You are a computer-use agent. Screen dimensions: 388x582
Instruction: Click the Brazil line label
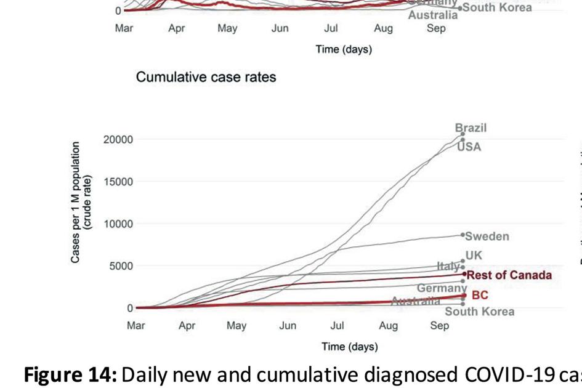(x=471, y=128)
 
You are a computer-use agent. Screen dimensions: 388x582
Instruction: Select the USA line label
(x=469, y=147)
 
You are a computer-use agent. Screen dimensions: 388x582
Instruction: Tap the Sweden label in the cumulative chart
(x=487, y=236)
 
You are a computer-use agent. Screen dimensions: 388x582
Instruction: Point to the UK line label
(x=474, y=256)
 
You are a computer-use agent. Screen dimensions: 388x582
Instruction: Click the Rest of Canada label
(x=509, y=275)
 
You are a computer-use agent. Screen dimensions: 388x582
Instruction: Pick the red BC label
(x=480, y=296)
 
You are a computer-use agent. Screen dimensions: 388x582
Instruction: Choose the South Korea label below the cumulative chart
(x=479, y=312)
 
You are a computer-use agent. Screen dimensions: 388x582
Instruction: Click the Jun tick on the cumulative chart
(x=288, y=326)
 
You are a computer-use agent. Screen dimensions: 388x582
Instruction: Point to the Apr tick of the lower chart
(x=187, y=326)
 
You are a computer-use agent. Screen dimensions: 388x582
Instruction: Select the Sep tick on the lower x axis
(x=439, y=326)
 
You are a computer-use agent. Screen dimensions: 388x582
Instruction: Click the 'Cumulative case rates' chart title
(x=206, y=78)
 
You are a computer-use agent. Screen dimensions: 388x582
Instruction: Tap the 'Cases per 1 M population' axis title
(x=75, y=203)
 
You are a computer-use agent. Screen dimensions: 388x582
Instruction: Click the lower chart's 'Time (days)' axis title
(x=349, y=347)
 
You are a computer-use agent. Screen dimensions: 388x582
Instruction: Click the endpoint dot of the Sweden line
(x=463, y=235)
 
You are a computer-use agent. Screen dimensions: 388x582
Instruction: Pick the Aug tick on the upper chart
(x=383, y=28)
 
